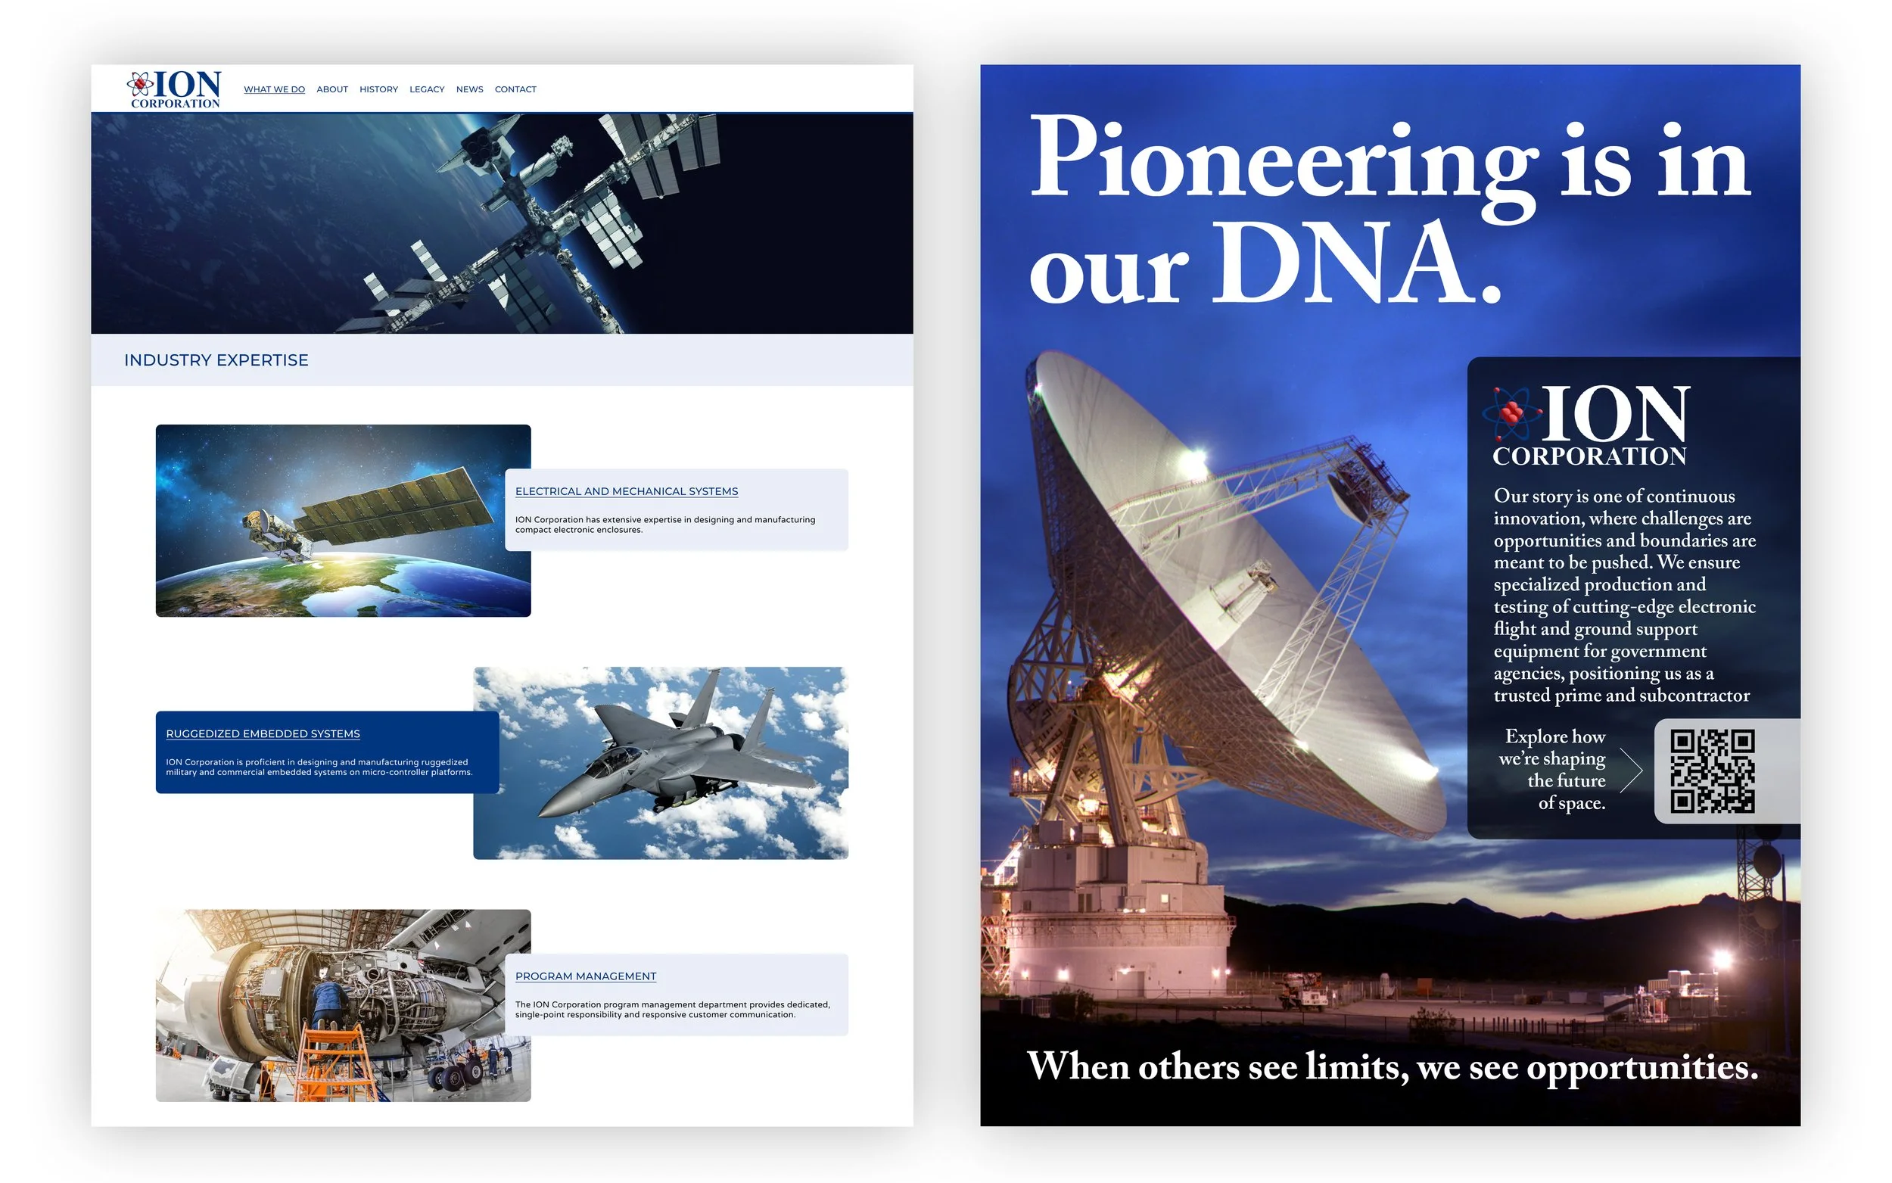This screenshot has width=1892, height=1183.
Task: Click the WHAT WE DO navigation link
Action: tap(274, 89)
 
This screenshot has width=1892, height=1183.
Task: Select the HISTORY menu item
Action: tap(378, 89)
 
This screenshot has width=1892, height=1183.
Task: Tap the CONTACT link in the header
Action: tap(515, 89)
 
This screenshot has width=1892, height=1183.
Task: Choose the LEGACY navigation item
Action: tap(426, 89)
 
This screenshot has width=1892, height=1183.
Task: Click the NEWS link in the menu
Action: tap(469, 89)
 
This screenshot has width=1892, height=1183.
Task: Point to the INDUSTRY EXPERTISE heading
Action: tap(216, 360)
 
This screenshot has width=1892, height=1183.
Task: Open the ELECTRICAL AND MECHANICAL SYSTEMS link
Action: tap(627, 491)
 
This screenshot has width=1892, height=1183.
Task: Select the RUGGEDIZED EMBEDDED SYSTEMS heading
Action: tap(263, 734)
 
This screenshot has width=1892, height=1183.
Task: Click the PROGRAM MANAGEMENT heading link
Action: tap(586, 976)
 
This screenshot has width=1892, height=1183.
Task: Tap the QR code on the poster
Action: tap(1712, 771)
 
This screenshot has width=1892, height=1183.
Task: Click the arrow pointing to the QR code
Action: tap(1631, 771)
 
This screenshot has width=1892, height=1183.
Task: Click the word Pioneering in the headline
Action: tap(1283, 160)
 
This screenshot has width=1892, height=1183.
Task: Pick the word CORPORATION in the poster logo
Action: tap(1589, 456)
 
